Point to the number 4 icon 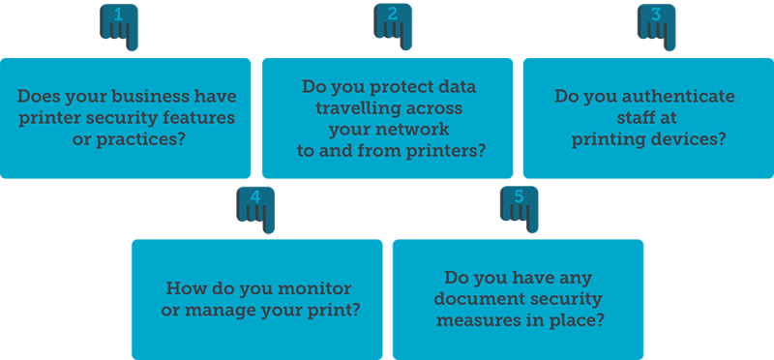pyautogui.click(x=254, y=204)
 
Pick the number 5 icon pyautogui.click(x=518, y=204)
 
